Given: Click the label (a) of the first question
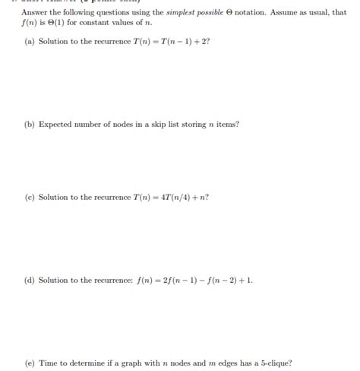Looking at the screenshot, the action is click(x=30, y=41).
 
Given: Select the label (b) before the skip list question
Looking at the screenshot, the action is click(x=30, y=124).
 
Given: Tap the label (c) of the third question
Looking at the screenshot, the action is click(x=30, y=198).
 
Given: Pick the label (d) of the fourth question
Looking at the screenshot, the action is click(x=30, y=281).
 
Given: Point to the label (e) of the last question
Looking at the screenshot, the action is click(x=30, y=363).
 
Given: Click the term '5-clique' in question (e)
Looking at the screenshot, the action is click(x=272, y=363).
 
